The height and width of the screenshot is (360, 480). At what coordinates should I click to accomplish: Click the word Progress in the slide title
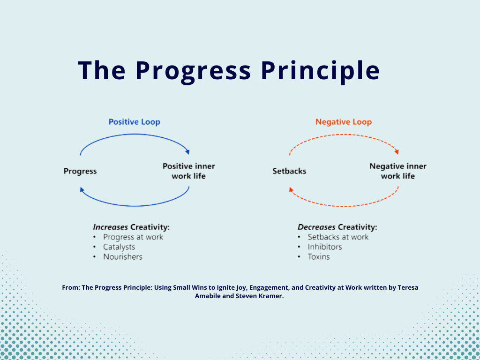pos(193,70)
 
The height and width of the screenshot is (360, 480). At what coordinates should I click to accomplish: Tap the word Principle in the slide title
pos(320,70)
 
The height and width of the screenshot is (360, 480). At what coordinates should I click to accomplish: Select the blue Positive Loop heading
pos(135,122)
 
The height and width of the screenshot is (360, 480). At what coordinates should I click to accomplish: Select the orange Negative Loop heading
pos(344,122)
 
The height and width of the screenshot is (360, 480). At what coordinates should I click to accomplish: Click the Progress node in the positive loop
pos(80,172)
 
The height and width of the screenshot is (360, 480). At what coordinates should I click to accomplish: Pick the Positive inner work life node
pos(189,171)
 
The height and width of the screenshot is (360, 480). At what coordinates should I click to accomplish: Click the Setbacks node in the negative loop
pos(289,172)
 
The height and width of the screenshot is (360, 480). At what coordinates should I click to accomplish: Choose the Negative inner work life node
pos(398,171)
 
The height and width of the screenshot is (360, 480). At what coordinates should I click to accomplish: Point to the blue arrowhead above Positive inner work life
pos(187,151)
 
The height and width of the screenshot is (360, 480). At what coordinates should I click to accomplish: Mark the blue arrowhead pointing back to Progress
pos(82,189)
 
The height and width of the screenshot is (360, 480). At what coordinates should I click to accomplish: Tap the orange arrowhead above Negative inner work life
pos(397,151)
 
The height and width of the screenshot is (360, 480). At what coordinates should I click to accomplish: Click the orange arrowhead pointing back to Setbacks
pos(291,189)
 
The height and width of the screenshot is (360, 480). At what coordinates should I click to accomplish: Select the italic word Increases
pos(111,227)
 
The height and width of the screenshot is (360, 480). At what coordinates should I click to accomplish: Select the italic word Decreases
pos(316,227)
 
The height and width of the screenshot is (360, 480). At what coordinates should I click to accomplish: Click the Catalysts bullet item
pos(119,247)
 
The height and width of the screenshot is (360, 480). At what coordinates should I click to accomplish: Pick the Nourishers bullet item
pos(123,257)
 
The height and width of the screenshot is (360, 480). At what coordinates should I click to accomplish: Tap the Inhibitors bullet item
pos(325,247)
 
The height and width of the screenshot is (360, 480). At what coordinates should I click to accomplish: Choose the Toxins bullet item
pos(319,257)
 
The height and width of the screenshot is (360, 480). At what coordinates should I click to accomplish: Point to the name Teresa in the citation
pos(407,288)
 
